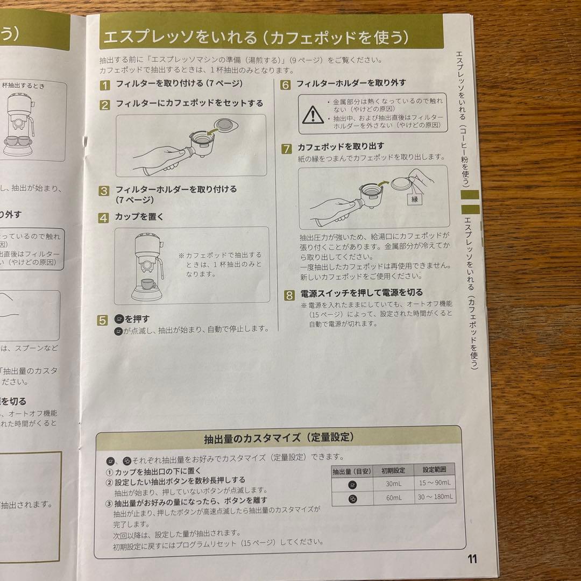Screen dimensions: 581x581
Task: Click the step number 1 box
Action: click(105, 84)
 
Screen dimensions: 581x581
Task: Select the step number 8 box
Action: click(289, 295)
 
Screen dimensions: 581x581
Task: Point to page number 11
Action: click(472, 558)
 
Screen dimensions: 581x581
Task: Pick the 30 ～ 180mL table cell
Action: click(435, 498)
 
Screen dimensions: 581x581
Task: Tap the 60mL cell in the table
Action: click(394, 498)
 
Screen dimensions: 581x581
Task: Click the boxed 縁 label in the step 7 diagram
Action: click(415, 199)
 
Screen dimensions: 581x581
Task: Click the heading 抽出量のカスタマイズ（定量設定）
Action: click(279, 437)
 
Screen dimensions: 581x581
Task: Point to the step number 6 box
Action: click(286, 84)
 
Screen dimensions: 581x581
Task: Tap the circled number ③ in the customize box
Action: click(109, 504)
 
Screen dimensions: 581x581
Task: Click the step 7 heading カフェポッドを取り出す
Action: click(341, 146)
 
